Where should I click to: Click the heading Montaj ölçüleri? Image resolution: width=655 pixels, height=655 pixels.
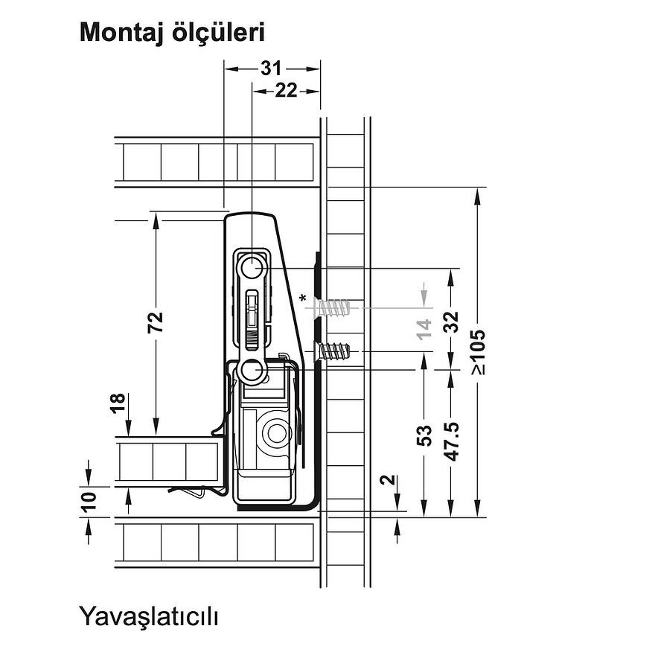click(172, 33)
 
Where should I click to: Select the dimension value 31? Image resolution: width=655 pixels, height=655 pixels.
click(271, 68)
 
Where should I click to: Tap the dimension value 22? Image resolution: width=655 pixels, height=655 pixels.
click(286, 91)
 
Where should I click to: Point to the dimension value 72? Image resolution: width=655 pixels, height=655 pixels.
click(156, 322)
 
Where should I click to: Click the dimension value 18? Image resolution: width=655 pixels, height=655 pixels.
click(118, 405)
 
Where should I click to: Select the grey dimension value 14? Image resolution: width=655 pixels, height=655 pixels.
click(424, 328)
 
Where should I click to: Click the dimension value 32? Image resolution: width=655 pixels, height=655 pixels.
click(450, 321)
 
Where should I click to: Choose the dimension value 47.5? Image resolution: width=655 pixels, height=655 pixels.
click(450, 441)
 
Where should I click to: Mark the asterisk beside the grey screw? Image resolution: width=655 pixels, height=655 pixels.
click(303, 299)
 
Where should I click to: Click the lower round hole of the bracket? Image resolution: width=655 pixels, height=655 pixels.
click(252, 370)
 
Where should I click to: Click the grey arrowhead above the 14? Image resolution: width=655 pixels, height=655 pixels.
click(424, 295)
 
